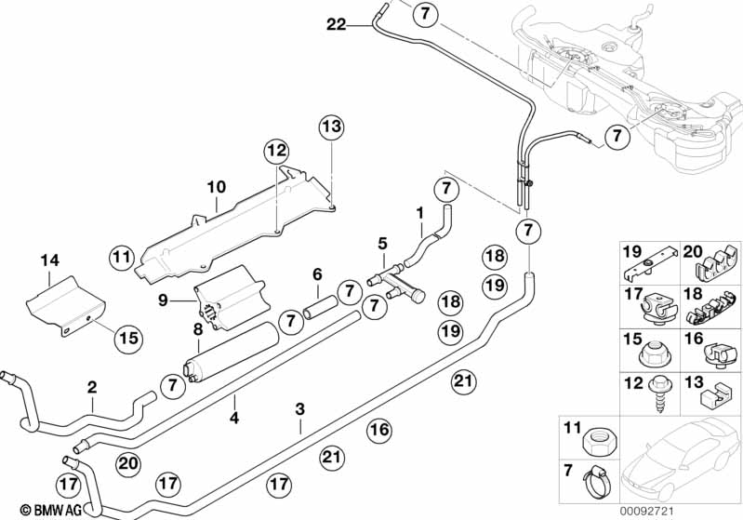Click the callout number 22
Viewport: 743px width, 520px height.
[x=336, y=25]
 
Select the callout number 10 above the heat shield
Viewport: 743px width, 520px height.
[x=216, y=187]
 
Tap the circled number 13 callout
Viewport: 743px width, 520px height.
[x=332, y=126]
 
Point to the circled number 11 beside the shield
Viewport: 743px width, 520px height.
[x=121, y=256]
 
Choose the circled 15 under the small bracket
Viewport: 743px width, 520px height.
[x=128, y=339]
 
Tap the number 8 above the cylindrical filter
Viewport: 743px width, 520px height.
[x=197, y=329]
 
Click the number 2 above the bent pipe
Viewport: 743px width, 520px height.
[x=92, y=387]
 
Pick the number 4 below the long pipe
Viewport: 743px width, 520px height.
[x=234, y=419]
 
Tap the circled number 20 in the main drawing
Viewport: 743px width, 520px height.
[x=128, y=462]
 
